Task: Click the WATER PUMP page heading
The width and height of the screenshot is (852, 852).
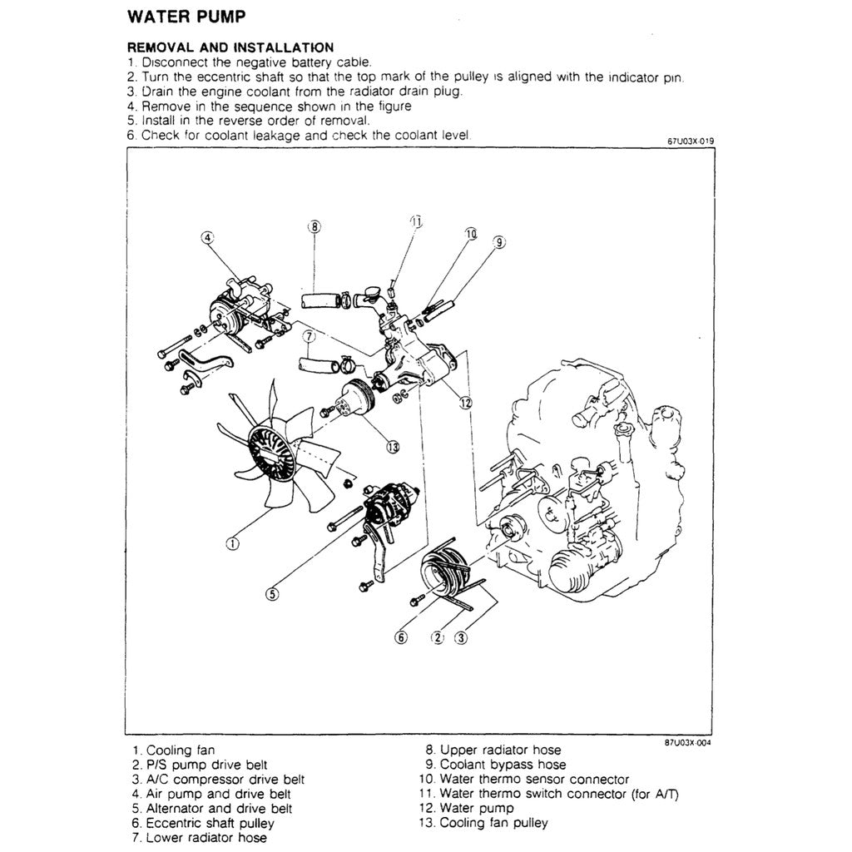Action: coord(186,17)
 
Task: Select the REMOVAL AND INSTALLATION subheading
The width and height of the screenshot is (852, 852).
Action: coord(230,47)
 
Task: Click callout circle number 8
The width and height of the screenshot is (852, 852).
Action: coord(314,226)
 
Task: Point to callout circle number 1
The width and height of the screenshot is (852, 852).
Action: coord(233,544)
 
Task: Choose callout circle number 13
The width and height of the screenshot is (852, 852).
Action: coord(393,447)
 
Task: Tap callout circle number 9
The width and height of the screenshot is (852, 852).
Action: coord(499,243)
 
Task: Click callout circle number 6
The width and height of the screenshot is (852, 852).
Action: coord(401,638)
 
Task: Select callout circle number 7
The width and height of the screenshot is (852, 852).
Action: coord(309,337)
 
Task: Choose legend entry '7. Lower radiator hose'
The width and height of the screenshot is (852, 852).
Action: coord(200,838)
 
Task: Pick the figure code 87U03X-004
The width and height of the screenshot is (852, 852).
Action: coord(688,743)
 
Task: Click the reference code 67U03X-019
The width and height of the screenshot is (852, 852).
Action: coord(691,141)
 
